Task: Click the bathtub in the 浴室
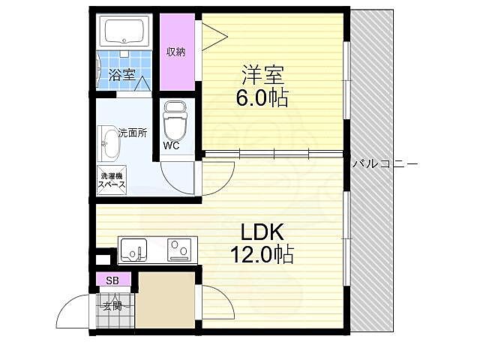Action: tap(126, 32)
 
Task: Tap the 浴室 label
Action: tap(121, 74)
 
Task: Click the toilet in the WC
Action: tap(174, 117)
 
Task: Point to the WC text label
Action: tap(171, 145)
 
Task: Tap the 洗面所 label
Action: tap(133, 133)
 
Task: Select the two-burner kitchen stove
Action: tap(180, 249)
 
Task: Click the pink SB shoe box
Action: tap(112, 280)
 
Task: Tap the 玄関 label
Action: tap(112, 305)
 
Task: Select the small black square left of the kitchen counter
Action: tap(103, 259)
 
